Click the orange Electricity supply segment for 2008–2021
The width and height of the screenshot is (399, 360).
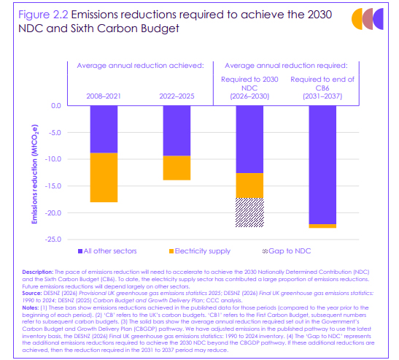tap(104, 177)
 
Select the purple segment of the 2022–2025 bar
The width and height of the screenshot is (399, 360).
tap(177, 131)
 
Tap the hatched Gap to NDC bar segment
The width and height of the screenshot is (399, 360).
tap(249, 212)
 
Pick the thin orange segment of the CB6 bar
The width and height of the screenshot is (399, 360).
tap(322, 226)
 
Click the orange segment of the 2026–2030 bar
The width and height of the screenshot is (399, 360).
tap(249, 185)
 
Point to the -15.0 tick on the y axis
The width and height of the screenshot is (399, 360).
tap(53, 186)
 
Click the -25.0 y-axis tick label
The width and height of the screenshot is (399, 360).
tap(53, 240)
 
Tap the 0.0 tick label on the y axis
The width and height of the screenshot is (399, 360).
tap(56, 105)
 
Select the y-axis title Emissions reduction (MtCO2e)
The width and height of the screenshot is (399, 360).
tap(34, 174)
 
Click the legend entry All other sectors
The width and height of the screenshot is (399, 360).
tap(107, 251)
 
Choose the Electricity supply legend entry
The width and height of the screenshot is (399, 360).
tap(200, 251)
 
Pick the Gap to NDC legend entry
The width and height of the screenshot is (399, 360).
tap(287, 251)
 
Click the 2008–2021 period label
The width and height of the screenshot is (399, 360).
tap(104, 96)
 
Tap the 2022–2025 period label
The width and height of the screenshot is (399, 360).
tap(177, 96)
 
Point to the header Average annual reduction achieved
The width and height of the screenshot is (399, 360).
tap(141, 66)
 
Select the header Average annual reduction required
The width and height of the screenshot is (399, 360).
tap(286, 66)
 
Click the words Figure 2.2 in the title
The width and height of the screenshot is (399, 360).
tap(43, 15)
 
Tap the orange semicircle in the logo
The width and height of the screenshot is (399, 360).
tap(357, 19)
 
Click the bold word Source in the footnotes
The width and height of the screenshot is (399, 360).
tap(32, 294)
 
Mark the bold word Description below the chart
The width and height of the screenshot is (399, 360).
tap(38, 272)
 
